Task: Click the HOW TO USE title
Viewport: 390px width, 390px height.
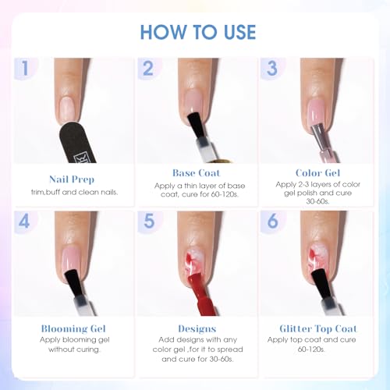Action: [x=198, y=32]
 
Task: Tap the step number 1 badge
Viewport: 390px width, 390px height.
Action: [x=25, y=68]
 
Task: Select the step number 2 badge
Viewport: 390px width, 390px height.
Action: [x=148, y=68]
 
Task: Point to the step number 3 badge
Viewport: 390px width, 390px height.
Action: [x=272, y=68]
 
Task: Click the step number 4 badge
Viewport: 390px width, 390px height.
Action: [x=25, y=222]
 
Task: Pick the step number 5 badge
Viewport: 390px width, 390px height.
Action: [x=149, y=222]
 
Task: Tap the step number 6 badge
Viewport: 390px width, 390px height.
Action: [x=272, y=222]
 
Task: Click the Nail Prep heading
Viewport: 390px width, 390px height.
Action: [x=72, y=179]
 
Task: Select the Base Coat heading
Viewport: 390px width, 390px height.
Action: [x=197, y=173]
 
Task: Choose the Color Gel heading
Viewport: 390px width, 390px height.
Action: [x=317, y=173]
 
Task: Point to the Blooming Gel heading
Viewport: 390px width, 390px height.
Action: [x=73, y=328]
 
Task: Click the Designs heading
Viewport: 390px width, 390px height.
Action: [x=197, y=328]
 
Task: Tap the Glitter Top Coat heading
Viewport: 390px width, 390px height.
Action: [x=318, y=328]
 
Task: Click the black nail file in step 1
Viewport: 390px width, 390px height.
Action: [x=77, y=144]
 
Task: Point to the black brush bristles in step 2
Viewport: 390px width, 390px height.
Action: [x=195, y=126]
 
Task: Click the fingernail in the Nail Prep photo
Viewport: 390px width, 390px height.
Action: [x=68, y=110]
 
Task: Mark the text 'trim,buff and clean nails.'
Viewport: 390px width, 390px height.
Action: [x=74, y=193]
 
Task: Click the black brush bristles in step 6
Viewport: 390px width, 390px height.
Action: [x=320, y=284]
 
